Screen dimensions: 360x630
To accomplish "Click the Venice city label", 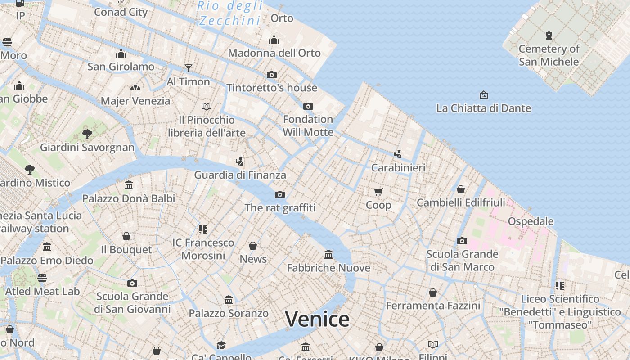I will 317,319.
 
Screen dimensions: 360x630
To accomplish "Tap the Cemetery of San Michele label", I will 549,55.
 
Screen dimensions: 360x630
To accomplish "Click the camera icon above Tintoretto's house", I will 272,75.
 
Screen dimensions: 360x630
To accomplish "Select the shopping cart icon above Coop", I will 378,192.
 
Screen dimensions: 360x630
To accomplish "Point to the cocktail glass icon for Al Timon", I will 189,68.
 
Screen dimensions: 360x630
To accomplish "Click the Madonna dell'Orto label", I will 274,53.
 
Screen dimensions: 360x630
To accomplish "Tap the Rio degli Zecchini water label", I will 230,13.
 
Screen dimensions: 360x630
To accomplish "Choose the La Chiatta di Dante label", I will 483,108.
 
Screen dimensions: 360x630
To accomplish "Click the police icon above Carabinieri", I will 398,154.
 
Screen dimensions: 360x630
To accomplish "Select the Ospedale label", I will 531,221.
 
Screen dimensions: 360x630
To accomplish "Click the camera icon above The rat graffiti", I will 280,194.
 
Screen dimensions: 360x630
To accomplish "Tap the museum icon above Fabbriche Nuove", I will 328,255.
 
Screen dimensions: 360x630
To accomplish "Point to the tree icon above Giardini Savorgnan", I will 87,134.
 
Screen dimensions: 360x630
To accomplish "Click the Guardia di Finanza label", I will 240,175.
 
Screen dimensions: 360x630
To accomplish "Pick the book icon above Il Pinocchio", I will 207,106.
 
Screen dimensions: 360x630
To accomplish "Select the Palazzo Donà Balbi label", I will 128,198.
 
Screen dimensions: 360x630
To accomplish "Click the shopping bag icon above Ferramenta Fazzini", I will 433,292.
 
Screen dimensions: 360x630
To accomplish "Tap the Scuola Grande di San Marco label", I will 462,260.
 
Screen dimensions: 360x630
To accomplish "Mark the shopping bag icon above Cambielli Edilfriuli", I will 461,189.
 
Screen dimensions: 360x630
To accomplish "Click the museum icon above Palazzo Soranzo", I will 229,300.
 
